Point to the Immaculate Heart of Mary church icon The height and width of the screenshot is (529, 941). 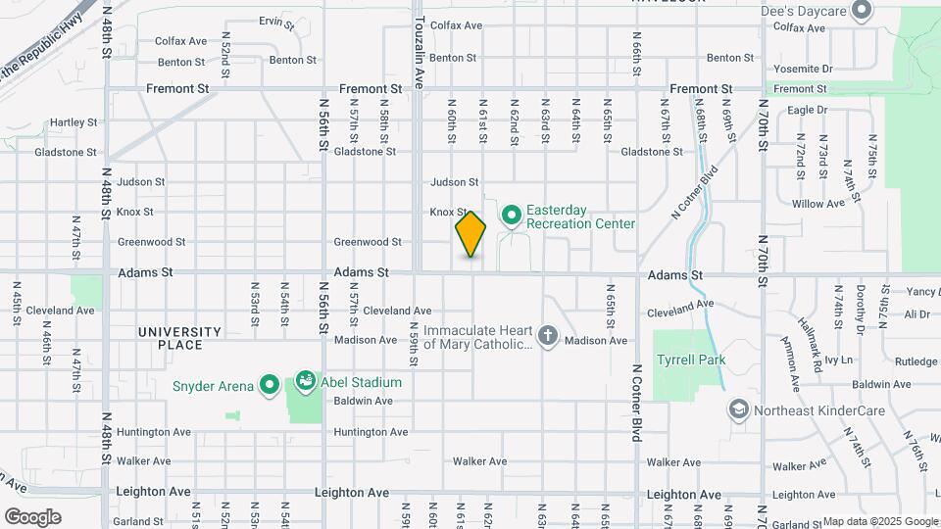pyautogui.click(x=547, y=338)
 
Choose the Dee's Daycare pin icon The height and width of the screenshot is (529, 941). pyautogui.click(x=863, y=12)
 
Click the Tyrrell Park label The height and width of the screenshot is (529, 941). pyautogui.click(x=691, y=361)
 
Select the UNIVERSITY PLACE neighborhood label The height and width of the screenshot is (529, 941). pyautogui.click(x=179, y=338)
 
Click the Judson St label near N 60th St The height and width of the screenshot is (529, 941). pyautogui.click(x=454, y=182)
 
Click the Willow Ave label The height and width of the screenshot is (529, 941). pyautogui.click(x=818, y=204)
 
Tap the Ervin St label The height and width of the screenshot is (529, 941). pyautogui.click(x=276, y=21)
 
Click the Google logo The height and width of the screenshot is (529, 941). pyautogui.click(x=32, y=517)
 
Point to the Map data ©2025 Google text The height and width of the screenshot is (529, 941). pyautogui.click(x=879, y=521)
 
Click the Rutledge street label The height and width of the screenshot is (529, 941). pyautogui.click(x=916, y=361)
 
